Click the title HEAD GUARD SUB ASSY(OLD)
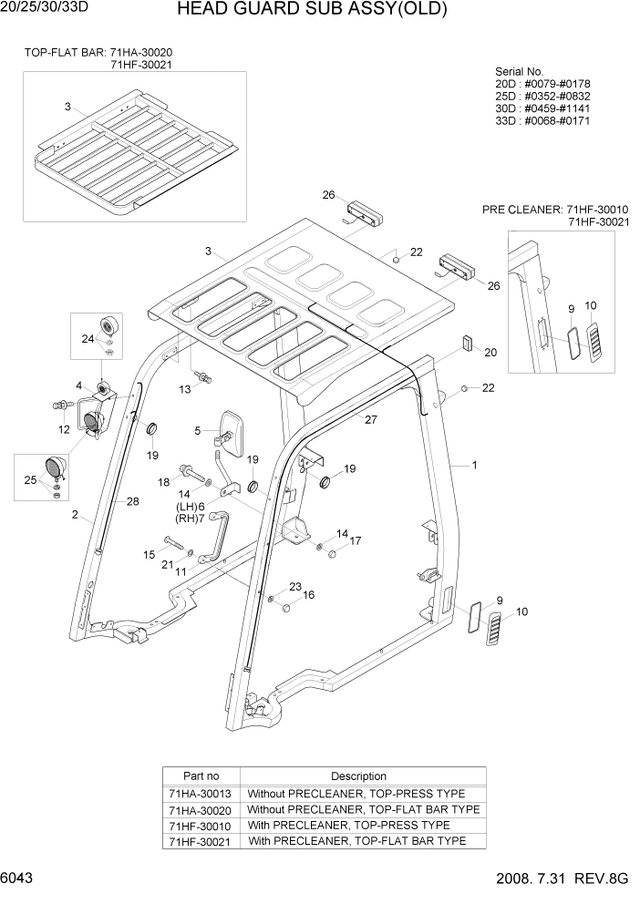[312, 11]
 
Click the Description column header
[358, 776]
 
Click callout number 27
[371, 420]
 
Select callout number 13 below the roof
[185, 389]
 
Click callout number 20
[490, 353]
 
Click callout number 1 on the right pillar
[474, 466]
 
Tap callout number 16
[309, 595]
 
